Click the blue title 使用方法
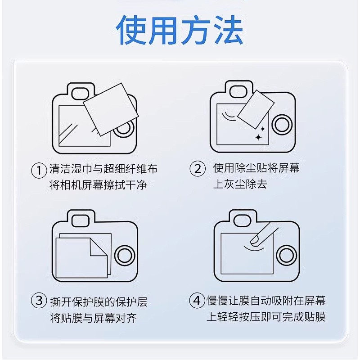pyautogui.click(x=179, y=30)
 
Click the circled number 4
pyautogui.click(x=197, y=300)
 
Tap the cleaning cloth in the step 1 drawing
pyautogui.click(x=111, y=109)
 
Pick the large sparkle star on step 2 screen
pyautogui.click(x=258, y=137)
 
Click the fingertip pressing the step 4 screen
pyautogui.click(x=255, y=239)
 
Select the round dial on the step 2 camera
pyautogui.click(x=282, y=125)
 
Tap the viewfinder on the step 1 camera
pyautogui.click(x=80, y=94)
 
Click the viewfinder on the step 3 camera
pyautogui.click(x=81, y=220)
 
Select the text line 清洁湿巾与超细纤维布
pyautogui.click(x=103, y=169)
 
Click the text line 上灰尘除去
pyautogui.click(x=240, y=184)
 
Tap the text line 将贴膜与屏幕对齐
pyautogui.click(x=94, y=318)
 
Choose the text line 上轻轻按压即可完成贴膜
pyautogui.click(x=266, y=317)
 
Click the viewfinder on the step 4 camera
pyautogui.click(x=243, y=220)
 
